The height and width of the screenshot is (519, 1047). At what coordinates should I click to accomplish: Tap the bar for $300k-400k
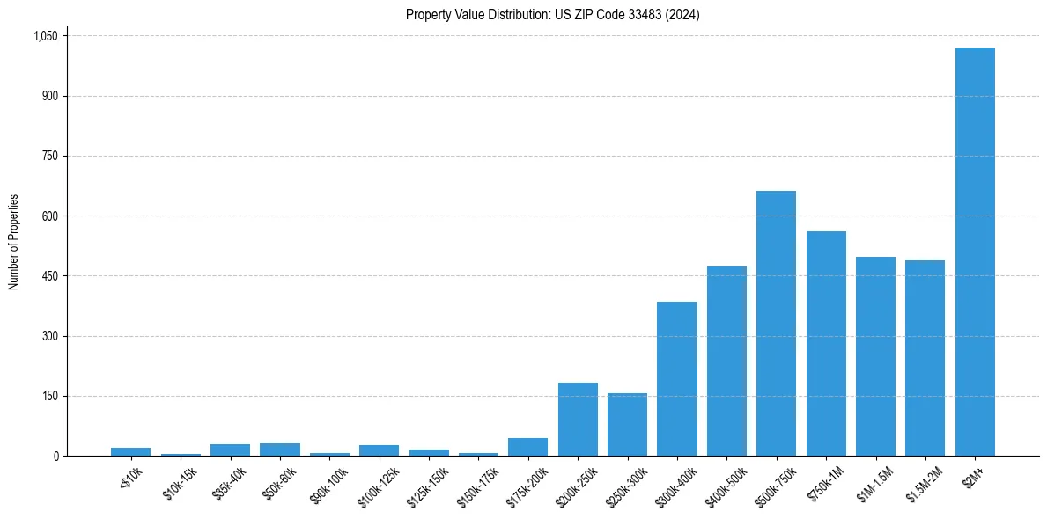[676, 379]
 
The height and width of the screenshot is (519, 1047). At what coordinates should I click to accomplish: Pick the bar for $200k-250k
[578, 420]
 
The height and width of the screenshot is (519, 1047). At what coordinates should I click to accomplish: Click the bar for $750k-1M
[826, 344]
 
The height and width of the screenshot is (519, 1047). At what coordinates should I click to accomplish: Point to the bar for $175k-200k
[527, 447]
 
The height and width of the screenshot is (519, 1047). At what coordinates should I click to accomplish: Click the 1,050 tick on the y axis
[45, 36]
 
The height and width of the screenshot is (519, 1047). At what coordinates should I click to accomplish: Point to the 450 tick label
[49, 276]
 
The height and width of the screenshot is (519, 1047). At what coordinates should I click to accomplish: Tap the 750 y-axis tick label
[49, 156]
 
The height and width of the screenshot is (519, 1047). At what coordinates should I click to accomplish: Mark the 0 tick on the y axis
[55, 456]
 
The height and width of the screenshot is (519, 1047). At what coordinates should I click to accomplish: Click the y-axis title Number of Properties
[14, 242]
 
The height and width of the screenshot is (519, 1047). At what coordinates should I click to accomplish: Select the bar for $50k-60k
[280, 450]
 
